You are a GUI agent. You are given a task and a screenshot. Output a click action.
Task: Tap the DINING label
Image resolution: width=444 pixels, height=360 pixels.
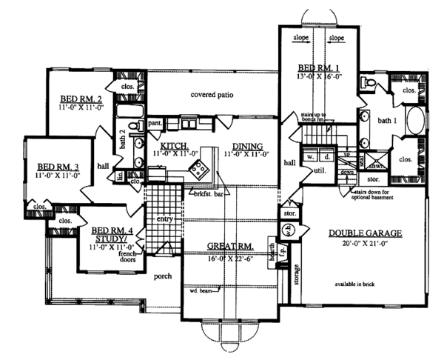246,146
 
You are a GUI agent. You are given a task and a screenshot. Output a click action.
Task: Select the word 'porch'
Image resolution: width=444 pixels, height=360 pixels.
164,276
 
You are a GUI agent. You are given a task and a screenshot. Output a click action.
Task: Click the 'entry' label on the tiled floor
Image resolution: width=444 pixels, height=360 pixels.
162,219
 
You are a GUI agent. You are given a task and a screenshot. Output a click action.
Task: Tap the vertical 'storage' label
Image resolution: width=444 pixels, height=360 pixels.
295,279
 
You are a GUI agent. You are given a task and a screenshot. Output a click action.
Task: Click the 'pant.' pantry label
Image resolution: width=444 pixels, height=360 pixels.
155,124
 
